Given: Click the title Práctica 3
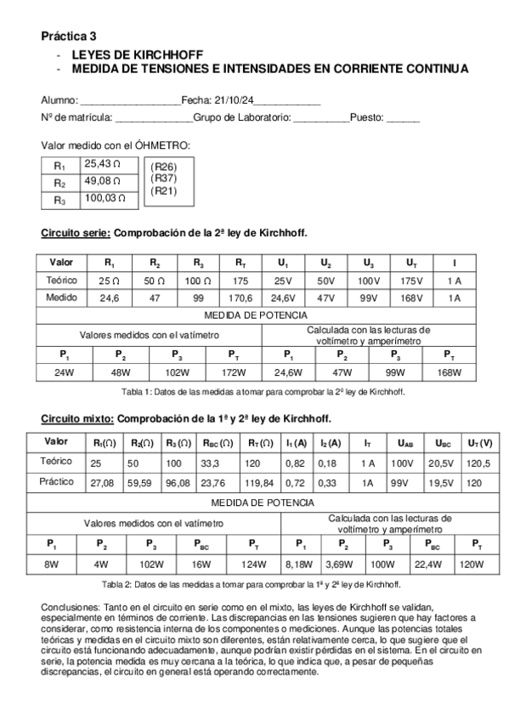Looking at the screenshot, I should click(69, 37).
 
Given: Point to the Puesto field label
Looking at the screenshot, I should click(367, 117).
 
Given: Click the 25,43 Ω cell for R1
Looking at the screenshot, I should click(103, 164).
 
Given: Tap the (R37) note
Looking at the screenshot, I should click(163, 179).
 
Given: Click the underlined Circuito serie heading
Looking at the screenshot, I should click(76, 233).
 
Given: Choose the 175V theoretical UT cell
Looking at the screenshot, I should click(411, 280).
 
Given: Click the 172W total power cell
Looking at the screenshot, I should click(234, 372).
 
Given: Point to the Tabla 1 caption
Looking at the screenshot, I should click(263, 392).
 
